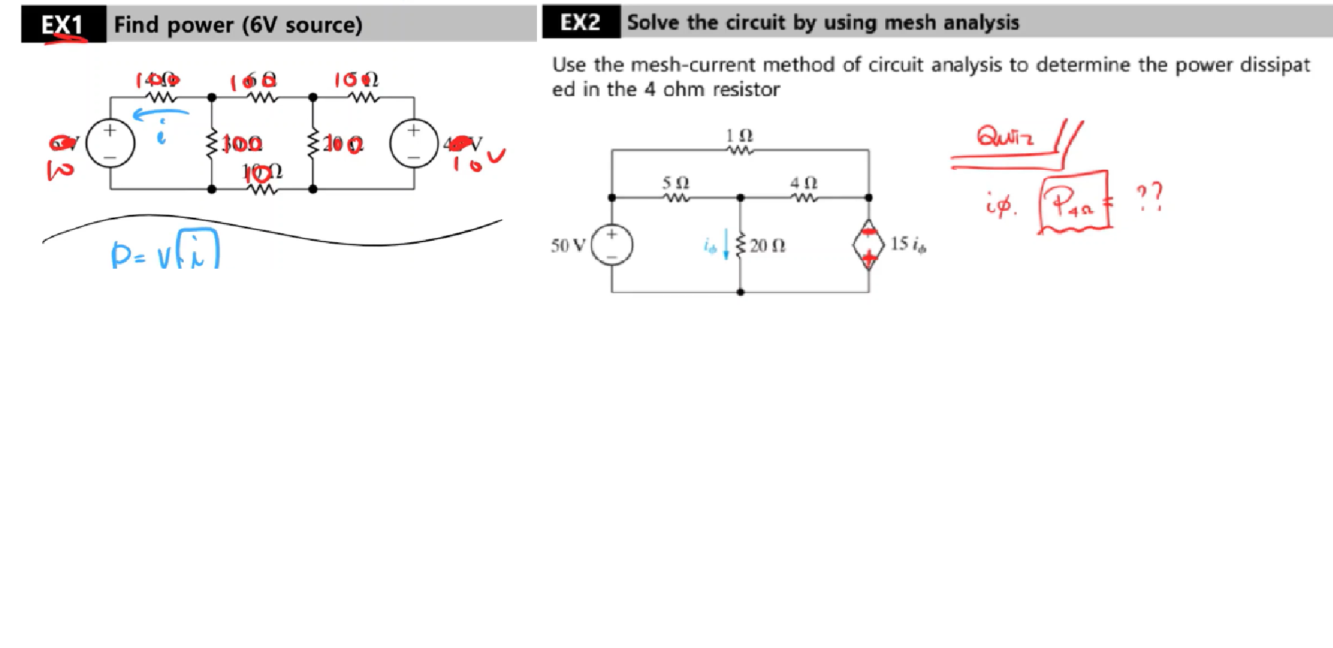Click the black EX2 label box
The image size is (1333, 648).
click(581, 22)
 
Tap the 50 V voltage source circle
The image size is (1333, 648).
click(611, 245)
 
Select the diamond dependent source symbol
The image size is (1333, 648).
click(868, 244)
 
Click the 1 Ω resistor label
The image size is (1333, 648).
click(739, 135)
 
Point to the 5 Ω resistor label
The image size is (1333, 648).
click(675, 182)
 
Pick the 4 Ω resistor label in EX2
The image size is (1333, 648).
click(803, 182)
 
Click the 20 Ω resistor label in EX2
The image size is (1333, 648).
click(767, 245)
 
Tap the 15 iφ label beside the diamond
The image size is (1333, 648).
click(908, 244)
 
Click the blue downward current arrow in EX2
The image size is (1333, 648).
click(726, 245)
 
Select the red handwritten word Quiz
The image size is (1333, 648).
click(1004, 135)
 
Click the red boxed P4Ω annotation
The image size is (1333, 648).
click(1074, 201)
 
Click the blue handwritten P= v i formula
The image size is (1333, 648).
click(165, 252)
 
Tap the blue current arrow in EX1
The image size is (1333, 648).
click(160, 113)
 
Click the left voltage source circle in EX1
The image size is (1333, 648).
click(110, 143)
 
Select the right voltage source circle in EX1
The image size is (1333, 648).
click(414, 143)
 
